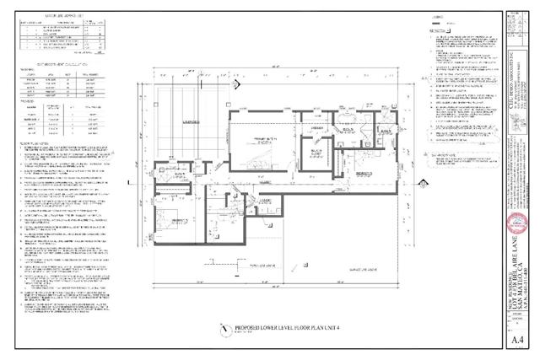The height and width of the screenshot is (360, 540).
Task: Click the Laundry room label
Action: [264, 200]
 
